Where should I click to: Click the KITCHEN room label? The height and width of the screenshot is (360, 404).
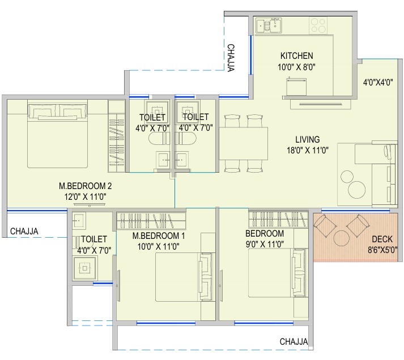click(x=296, y=56)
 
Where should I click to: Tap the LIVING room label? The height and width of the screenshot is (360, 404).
click(x=307, y=139)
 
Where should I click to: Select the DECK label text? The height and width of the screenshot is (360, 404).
click(x=382, y=239)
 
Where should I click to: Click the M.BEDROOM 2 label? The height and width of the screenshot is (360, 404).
click(x=86, y=186)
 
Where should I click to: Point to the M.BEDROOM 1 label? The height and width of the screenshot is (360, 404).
click(x=159, y=235)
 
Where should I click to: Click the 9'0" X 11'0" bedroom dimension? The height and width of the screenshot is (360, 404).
click(x=265, y=244)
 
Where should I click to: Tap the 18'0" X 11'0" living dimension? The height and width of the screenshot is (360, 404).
click(x=308, y=150)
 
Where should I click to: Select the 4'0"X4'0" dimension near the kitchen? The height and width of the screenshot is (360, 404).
click(x=378, y=82)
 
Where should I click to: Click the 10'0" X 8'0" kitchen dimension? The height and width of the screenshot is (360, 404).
click(x=296, y=67)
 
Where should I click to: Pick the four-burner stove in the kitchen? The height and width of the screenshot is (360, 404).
click(x=318, y=25)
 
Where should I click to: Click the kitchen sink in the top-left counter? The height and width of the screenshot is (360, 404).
click(x=269, y=25)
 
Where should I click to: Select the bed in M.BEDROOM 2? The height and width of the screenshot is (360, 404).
click(x=57, y=134)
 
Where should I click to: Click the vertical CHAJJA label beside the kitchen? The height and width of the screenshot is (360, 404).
click(x=231, y=58)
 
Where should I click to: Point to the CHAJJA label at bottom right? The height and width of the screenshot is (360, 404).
click(x=294, y=341)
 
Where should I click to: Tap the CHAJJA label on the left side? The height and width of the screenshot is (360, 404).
click(x=24, y=231)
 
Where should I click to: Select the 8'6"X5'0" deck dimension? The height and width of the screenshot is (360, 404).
click(x=382, y=250)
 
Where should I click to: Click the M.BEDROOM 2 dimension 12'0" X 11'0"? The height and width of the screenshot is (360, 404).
click(x=86, y=197)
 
